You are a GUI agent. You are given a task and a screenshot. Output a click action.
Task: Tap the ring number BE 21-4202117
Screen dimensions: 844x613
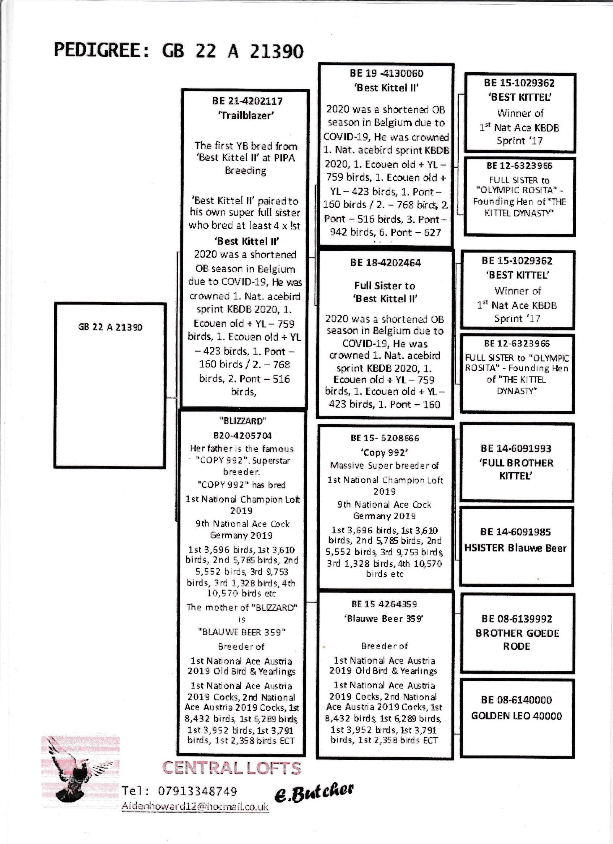pos(247,101)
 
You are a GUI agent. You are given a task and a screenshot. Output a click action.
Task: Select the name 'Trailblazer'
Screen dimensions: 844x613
pos(246,115)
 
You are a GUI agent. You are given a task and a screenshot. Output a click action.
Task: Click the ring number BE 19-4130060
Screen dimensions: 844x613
pos(386,73)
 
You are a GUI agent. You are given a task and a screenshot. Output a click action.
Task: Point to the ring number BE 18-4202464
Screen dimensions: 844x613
pos(385,263)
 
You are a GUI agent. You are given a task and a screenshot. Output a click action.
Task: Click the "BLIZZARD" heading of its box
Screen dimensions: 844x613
pos(242,421)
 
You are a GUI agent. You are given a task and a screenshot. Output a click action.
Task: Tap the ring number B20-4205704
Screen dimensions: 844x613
pos(242,435)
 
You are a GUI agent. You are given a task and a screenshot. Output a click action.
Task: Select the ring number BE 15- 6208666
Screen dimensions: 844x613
pos(385,438)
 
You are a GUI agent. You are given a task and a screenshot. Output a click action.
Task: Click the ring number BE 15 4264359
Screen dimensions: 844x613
pos(384,604)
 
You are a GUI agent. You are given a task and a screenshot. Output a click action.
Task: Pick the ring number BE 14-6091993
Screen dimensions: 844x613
pos(515,448)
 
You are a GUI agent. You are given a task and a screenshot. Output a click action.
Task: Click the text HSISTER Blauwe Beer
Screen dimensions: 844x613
pos(515,548)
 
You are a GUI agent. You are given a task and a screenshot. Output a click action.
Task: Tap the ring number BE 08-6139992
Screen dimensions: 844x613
pos(516,619)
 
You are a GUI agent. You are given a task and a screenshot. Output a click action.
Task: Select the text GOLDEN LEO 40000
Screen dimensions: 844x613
pos(516,716)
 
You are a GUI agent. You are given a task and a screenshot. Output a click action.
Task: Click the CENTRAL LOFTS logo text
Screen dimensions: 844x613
pos(232,768)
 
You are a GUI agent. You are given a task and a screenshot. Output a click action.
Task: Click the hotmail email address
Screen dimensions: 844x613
pos(195,806)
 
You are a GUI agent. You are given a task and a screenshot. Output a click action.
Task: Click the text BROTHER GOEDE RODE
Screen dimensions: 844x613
pos(517,640)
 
